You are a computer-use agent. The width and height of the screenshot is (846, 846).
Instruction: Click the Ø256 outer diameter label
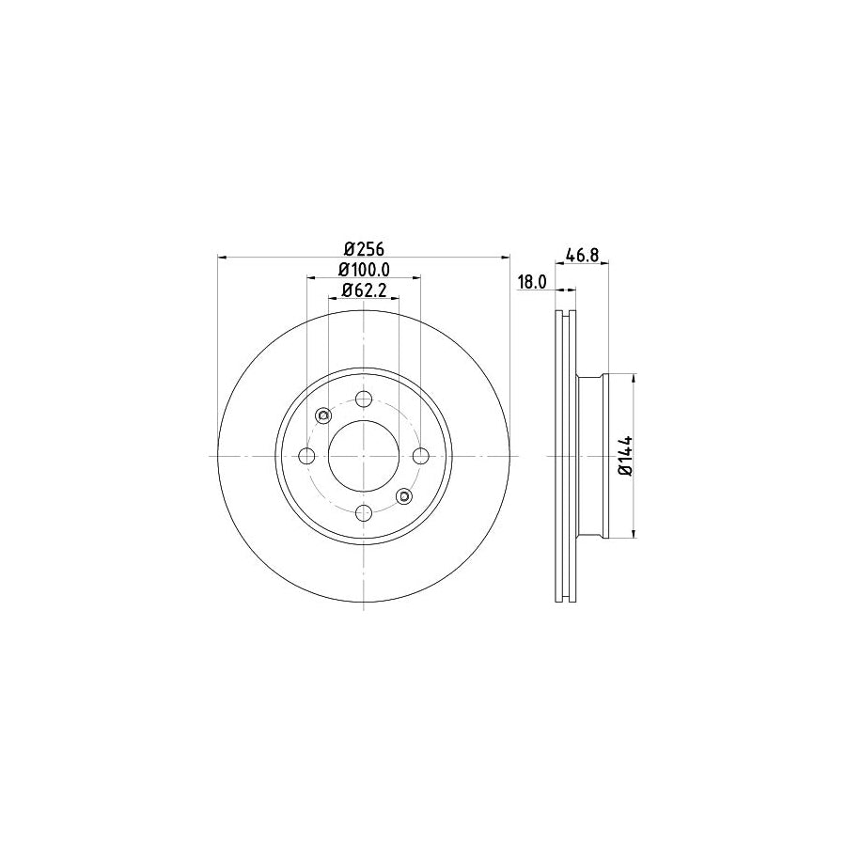364,248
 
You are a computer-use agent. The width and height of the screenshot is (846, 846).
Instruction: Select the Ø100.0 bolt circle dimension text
364,270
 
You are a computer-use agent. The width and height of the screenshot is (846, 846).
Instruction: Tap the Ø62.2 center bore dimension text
364,290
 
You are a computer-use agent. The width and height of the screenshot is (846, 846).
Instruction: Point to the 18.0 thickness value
532,282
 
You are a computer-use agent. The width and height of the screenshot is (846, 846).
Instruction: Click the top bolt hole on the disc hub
364,399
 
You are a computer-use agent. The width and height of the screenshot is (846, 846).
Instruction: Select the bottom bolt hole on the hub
364,512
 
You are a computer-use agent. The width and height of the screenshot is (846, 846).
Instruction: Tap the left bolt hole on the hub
306,456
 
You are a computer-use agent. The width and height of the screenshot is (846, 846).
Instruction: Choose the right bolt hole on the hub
420,456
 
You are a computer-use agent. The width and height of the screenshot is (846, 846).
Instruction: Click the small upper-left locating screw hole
323,415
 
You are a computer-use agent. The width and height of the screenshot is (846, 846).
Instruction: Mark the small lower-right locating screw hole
404,495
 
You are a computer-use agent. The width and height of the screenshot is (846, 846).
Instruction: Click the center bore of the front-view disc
364,456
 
